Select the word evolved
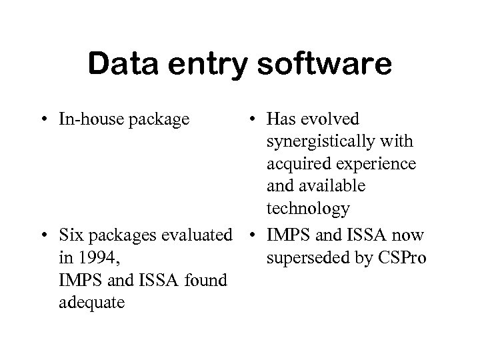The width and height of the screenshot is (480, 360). (x=331, y=119)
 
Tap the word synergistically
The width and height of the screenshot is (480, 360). (x=321, y=142)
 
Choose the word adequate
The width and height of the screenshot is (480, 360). (x=91, y=302)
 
